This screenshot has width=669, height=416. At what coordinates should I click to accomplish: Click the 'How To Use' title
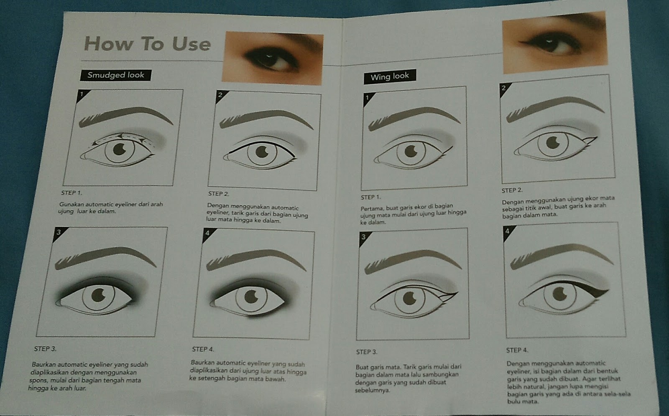click(147, 43)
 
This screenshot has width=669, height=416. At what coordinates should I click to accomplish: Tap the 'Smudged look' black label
click(116, 75)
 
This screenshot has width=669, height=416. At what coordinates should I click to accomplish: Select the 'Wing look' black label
click(390, 77)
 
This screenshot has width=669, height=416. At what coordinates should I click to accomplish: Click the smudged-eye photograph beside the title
click(273, 58)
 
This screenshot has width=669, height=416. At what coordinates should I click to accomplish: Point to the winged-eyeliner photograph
click(555, 42)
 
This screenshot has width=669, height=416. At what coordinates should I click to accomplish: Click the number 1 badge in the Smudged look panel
click(82, 95)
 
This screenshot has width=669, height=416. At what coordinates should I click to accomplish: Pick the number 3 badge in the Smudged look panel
click(59, 233)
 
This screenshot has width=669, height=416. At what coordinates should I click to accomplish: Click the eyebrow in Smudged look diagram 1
click(125, 117)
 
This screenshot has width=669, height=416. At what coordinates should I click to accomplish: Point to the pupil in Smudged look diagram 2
click(262, 152)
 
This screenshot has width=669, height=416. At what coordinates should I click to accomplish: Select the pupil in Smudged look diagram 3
click(98, 295)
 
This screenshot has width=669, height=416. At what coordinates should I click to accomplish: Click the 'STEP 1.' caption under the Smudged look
click(71, 193)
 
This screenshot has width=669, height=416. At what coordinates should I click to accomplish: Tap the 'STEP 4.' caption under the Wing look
click(517, 350)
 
